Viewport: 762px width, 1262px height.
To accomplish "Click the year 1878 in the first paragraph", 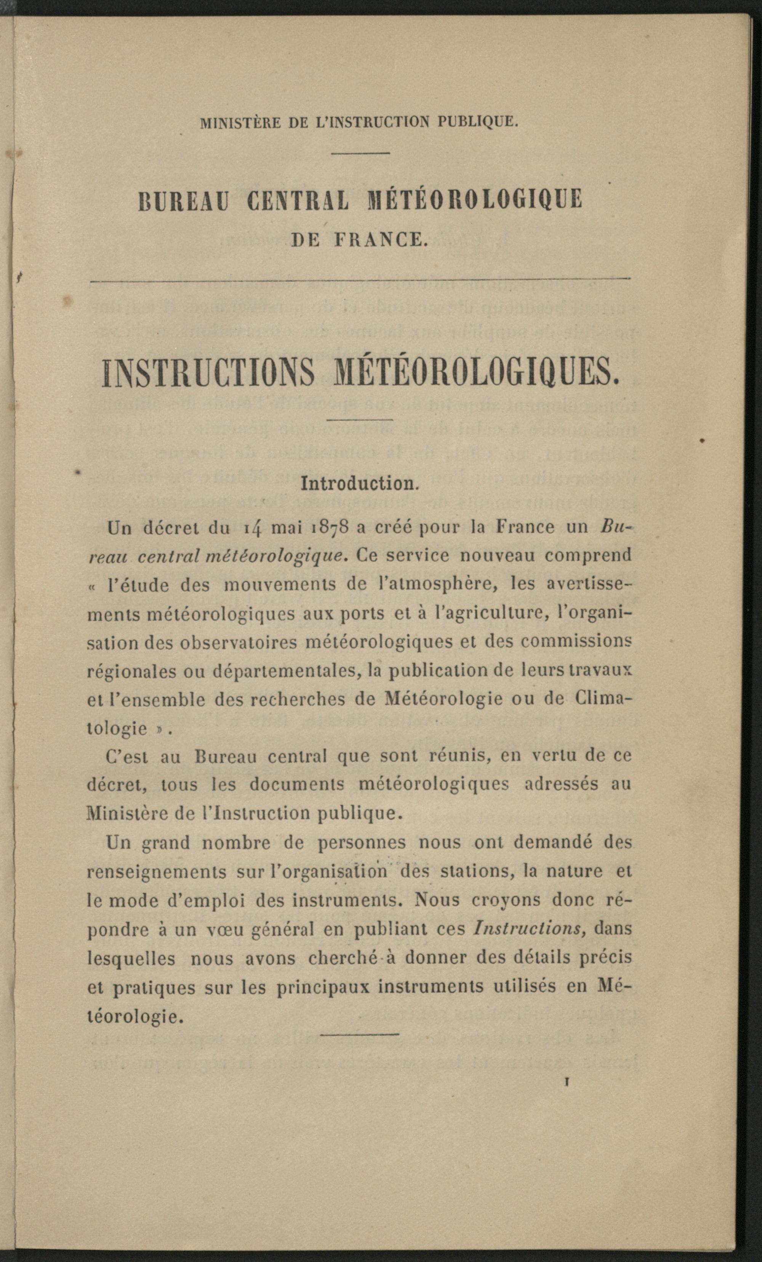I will click(x=330, y=528).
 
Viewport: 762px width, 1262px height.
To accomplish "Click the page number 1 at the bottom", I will click(x=567, y=1082).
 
